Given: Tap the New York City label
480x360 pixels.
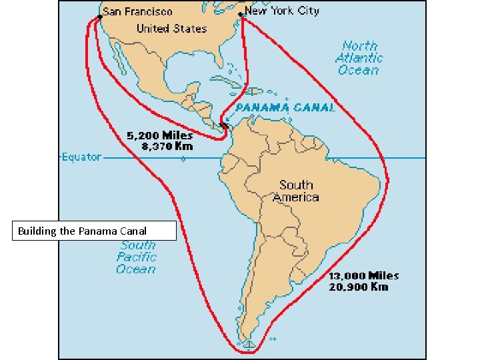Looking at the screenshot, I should coord(282,11).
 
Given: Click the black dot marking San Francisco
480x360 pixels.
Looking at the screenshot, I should coord(99,16).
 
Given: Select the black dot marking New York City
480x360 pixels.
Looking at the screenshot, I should coord(241,15).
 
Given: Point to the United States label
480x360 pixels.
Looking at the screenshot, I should coord(171,29).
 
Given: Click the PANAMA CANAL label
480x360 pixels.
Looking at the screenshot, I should coord(285,107).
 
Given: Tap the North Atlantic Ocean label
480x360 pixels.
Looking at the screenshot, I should coord(359,58).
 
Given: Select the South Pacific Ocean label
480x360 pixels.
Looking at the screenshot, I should coord(137,257).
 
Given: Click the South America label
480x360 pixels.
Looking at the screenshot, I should coord(296,191).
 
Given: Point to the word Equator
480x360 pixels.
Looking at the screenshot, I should coord(81,157).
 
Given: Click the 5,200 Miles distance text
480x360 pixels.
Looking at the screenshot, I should coord(160,135).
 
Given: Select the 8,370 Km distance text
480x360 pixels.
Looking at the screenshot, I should coord(160,146).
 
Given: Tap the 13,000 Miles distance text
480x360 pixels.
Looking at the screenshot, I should coord(363,275).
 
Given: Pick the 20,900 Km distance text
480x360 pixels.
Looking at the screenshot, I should coord(359,287).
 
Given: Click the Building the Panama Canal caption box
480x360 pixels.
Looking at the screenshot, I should coord(94,231).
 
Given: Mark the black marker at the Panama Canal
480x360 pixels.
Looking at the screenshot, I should coord(225,125).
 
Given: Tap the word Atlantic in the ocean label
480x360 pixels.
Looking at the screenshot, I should coord(359,58).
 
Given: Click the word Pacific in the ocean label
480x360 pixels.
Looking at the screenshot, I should coord(137,257).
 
